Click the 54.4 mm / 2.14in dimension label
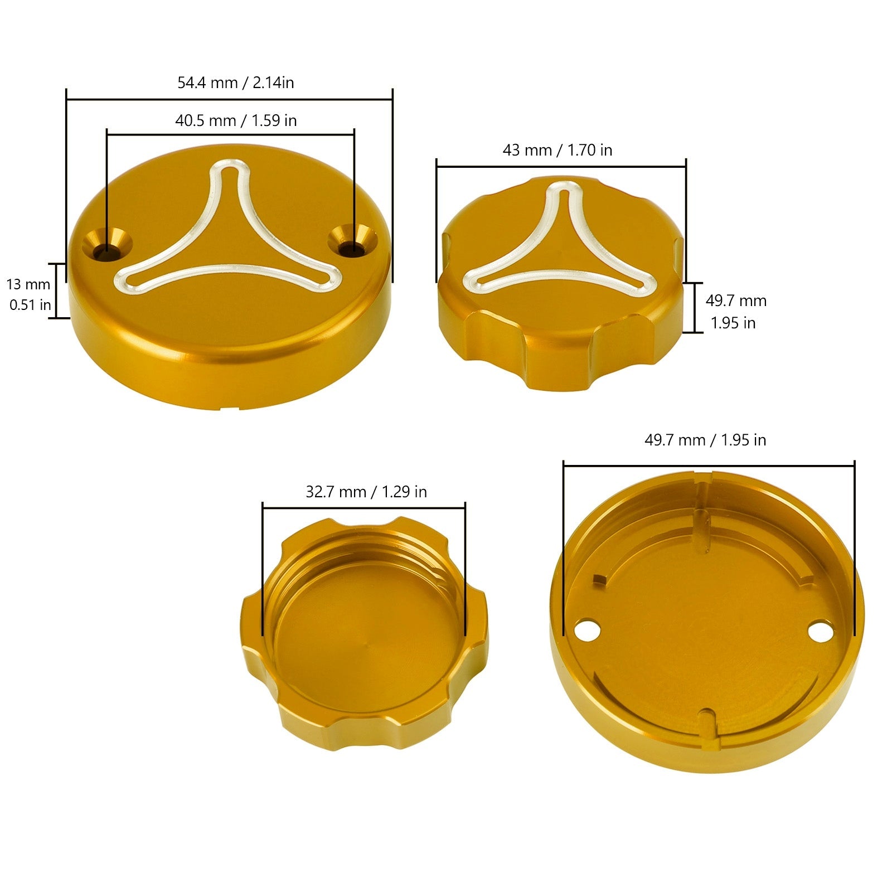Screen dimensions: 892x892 tap(235, 83)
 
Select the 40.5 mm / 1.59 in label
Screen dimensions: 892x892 tap(236, 121)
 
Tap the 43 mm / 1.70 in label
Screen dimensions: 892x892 tap(557, 151)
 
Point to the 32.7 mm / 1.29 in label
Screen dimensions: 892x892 tap(366, 492)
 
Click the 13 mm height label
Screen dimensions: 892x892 tap(28, 285)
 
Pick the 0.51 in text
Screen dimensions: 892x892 tap(30, 306)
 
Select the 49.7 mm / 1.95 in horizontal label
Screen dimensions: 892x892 tap(705, 440)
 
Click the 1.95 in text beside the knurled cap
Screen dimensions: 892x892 tap(733, 323)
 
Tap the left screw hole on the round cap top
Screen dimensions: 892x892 tap(107, 249)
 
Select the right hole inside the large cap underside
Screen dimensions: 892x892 tap(820, 631)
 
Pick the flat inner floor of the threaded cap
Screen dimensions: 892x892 tap(365, 652)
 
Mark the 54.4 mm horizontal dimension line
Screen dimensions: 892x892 tap(229, 100)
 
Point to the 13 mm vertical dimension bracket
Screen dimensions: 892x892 tap(57, 290)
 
